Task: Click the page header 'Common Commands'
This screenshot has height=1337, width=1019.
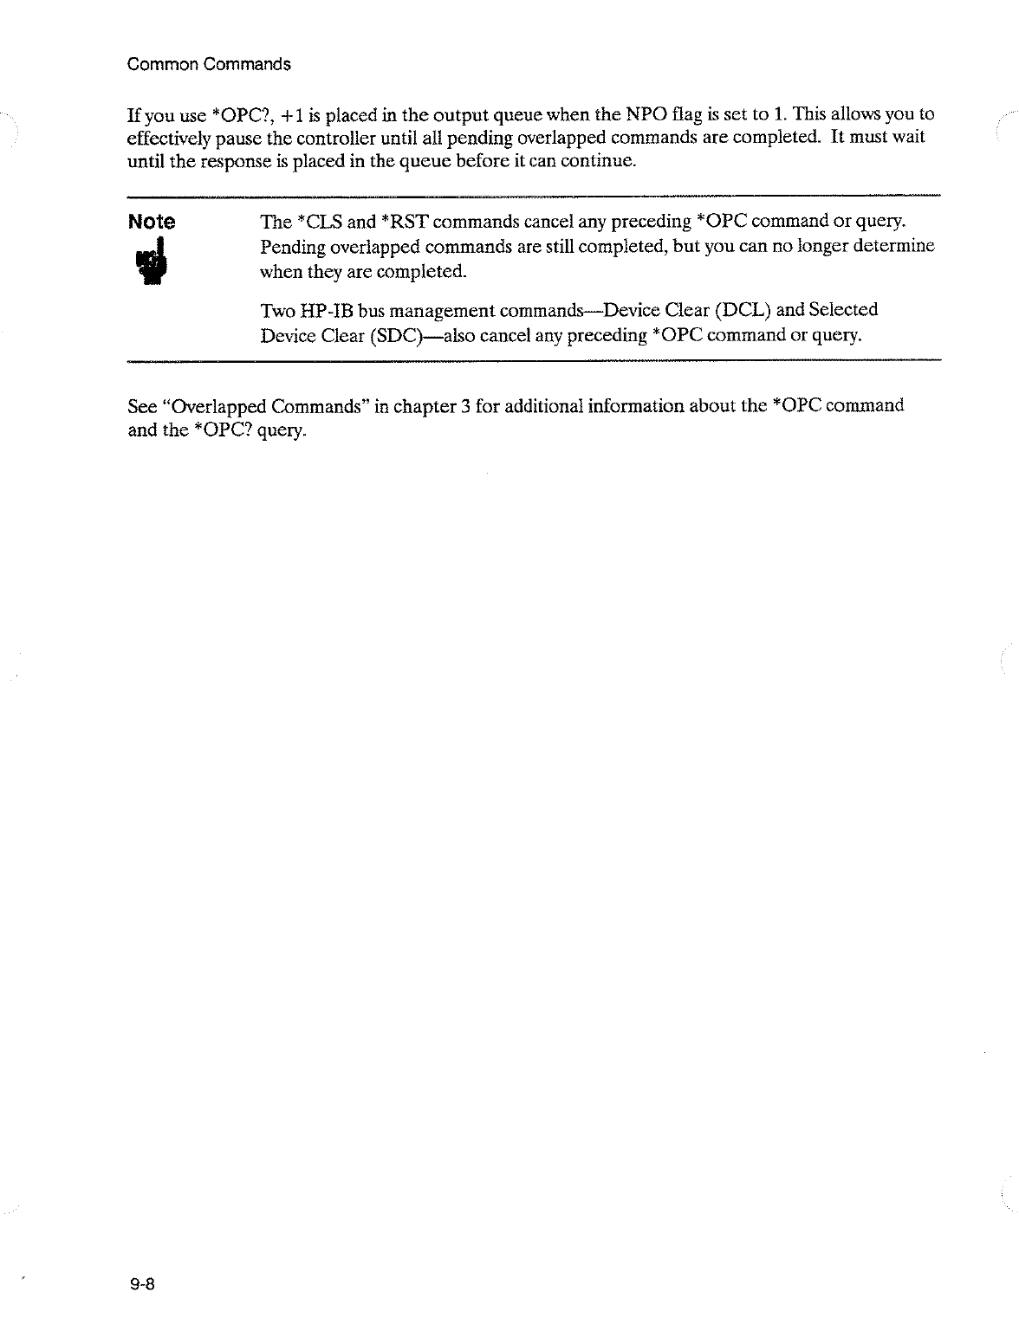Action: pos(208,64)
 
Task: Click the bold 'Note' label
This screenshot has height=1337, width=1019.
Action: pos(151,223)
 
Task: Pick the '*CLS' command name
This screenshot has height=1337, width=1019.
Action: pos(320,222)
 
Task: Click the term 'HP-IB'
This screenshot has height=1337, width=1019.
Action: pos(326,310)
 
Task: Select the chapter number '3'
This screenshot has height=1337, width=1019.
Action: pos(465,405)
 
